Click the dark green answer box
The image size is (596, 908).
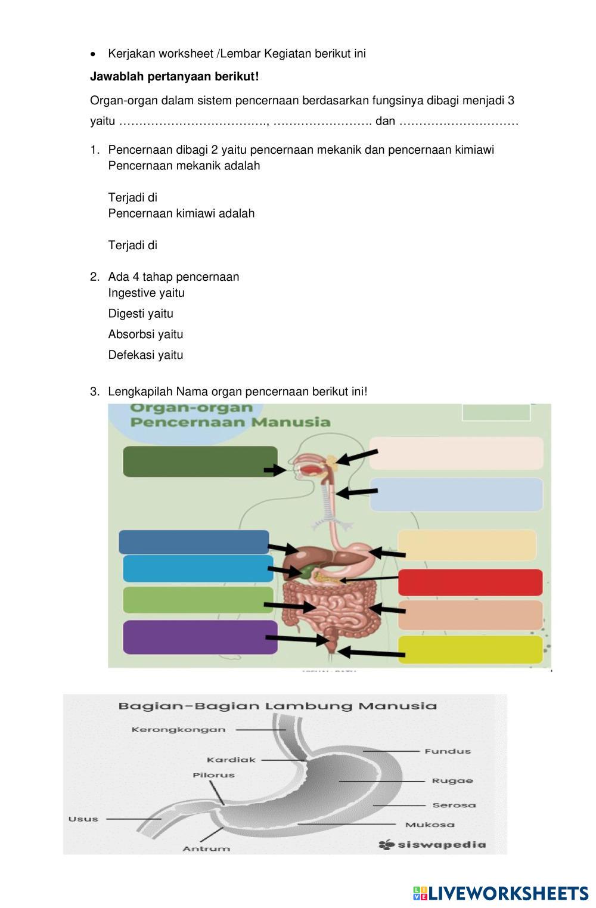tap(200, 461)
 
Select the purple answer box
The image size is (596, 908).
tap(200, 637)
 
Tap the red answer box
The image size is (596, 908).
tap(470, 582)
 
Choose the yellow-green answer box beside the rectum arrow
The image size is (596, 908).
tap(470, 649)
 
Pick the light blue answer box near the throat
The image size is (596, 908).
tap(457, 494)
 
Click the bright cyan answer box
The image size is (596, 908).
tap(198, 568)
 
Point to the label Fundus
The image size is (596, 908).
tap(448, 751)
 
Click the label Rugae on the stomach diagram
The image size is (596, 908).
tap(452, 780)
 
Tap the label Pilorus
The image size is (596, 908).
tap(213, 775)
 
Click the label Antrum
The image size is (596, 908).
tap(206, 848)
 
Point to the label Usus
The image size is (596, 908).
tap(83, 819)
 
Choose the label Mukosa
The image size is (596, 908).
tap(430, 825)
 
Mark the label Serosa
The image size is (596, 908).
tap(454, 805)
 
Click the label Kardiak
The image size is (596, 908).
tap(231, 760)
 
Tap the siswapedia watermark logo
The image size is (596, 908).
tap(432, 844)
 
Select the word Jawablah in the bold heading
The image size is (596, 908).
tap(113, 76)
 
